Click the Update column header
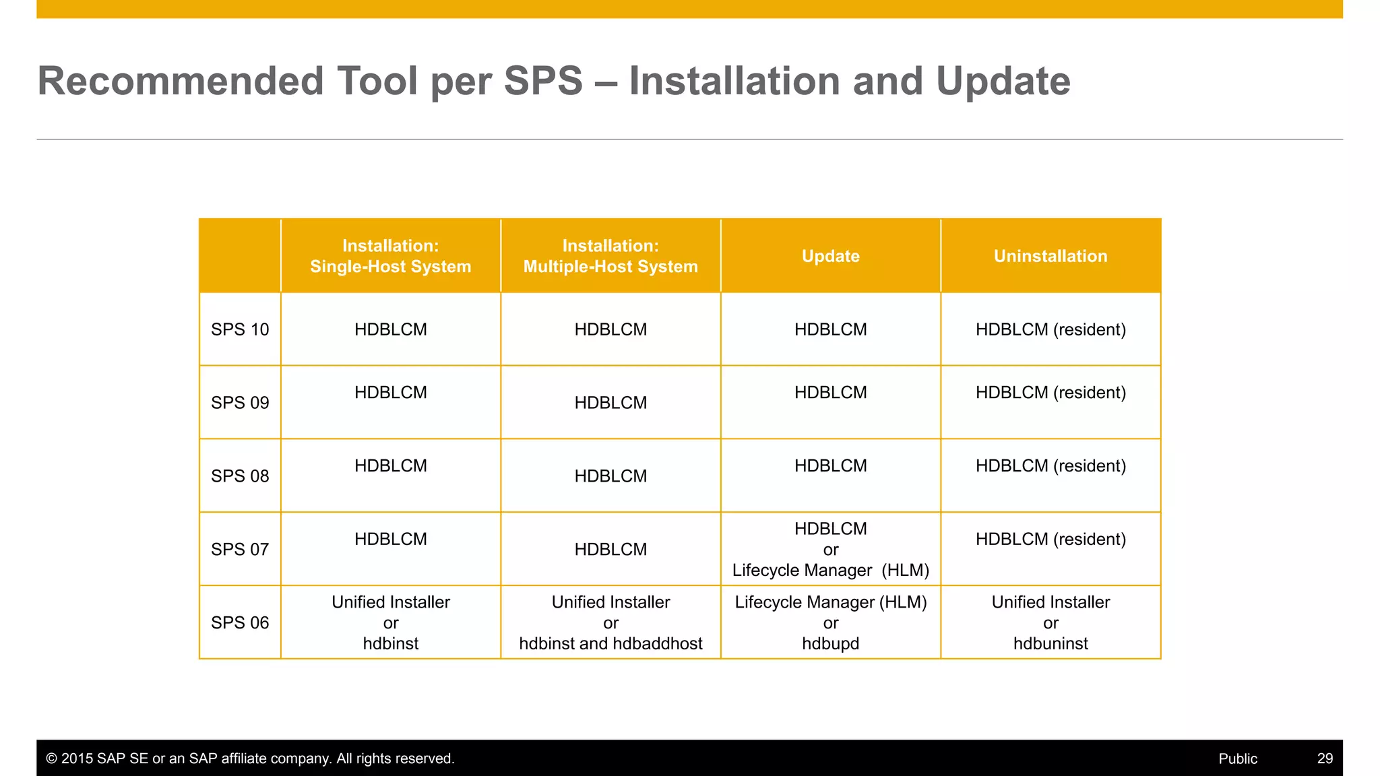[830, 256]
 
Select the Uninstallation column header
[1050, 256]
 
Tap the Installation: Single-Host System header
[390, 256]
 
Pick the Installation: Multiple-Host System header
[610, 256]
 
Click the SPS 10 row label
[240, 329]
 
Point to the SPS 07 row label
[240, 550]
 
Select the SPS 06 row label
[240, 623]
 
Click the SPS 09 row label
[240, 403]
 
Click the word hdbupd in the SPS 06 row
[830, 644]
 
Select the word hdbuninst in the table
[1050, 644]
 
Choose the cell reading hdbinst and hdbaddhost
[610, 644]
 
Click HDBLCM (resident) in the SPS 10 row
[1050, 329]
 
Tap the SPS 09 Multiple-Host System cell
[610, 403]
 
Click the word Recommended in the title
[181, 82]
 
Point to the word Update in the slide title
[1003, 82]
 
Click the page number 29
[1325, 758]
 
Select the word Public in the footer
[1237, 758]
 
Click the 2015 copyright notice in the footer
[250, 758]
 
